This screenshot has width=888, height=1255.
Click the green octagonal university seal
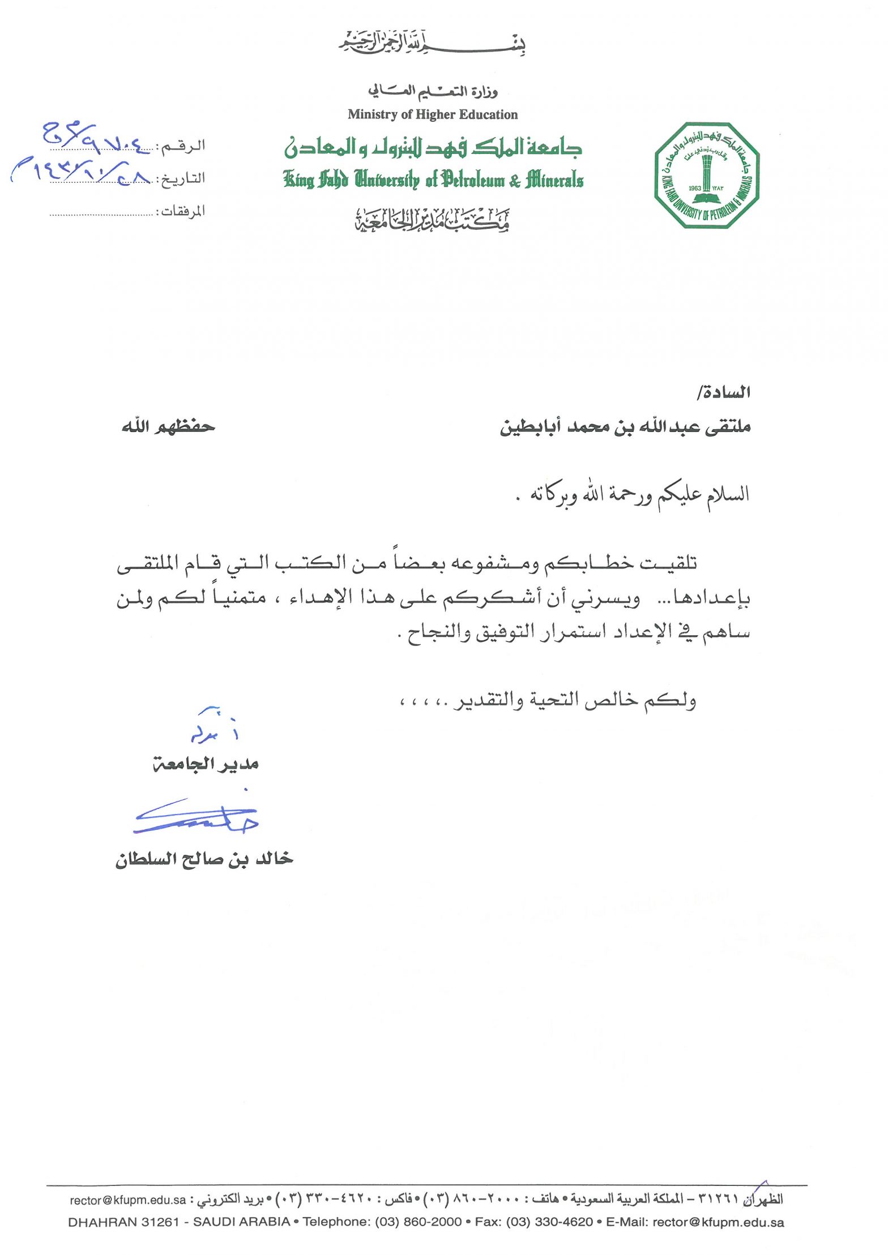706,175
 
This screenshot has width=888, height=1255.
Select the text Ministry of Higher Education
433,114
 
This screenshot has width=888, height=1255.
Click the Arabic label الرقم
183,146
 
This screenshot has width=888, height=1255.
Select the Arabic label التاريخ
183,178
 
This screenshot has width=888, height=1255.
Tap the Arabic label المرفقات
183,211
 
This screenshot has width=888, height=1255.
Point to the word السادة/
724,392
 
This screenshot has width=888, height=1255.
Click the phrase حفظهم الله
168,426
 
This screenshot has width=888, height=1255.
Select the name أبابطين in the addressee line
527,426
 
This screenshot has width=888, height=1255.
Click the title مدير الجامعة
206,764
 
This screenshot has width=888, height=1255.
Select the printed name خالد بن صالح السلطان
204,859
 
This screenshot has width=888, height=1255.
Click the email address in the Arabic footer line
128,1200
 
